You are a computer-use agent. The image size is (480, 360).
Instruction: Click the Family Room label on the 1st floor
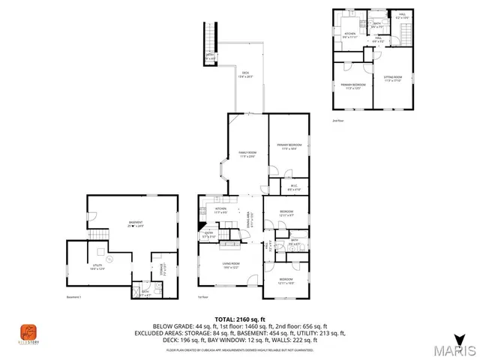[247, 155]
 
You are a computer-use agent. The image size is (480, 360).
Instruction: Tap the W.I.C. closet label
[294, 188]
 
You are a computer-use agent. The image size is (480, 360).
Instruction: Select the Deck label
[245, 74]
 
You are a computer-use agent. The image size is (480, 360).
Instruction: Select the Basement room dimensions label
[134, 224]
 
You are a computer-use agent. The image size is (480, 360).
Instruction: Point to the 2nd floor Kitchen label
[349, 34]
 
